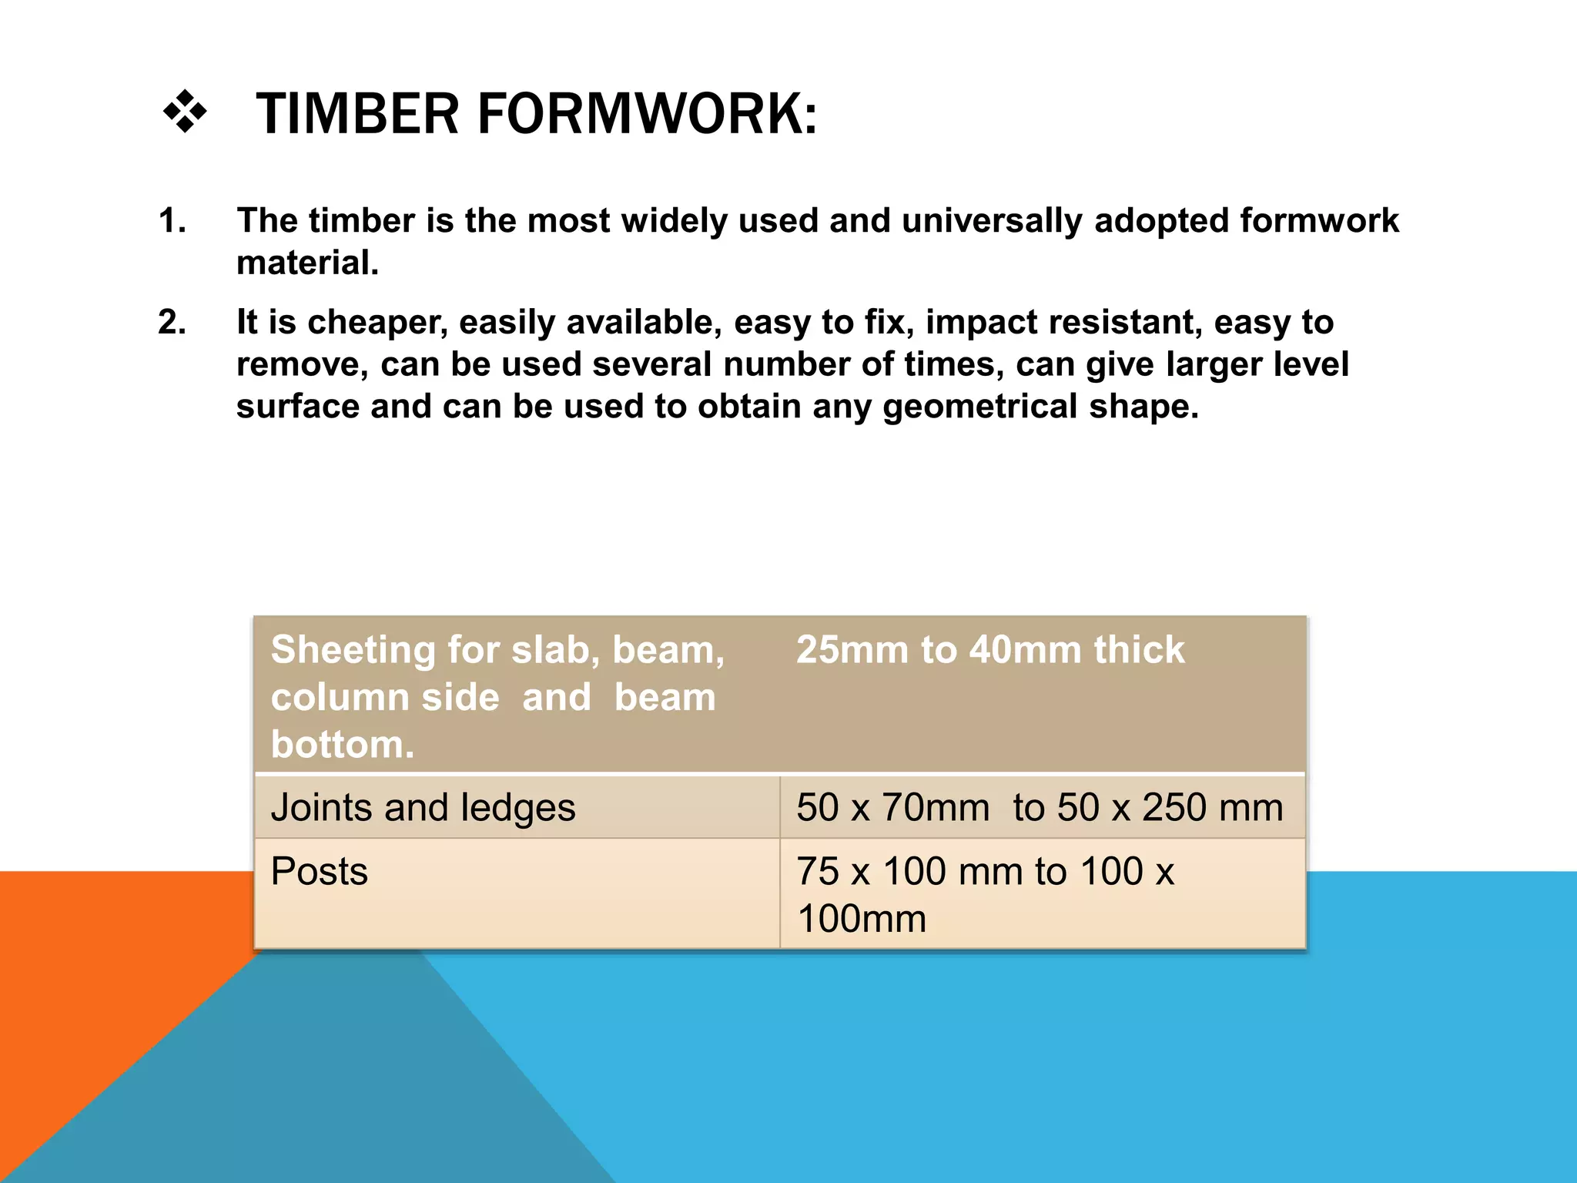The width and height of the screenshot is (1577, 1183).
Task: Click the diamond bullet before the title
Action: pyautogui.click(x=186, y=113)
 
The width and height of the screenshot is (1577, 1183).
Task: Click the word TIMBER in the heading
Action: pyautogui.click(x=357, y=114)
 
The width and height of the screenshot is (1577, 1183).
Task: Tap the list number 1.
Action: pyautogui.click(x=171, y=221)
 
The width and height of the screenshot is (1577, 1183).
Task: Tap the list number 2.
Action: pyautogui.click(x=172, y=322)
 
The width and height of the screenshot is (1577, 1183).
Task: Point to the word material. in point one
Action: pyautogui.click(x=307, y=263)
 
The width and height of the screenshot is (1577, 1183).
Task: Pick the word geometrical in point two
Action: pyautogui.click(x=979, y=407)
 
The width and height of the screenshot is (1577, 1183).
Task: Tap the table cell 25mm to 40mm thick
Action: pyautogui.click(x=990, y=650)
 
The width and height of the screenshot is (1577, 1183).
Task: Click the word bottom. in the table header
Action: pyautogui.click(x=343, y=745)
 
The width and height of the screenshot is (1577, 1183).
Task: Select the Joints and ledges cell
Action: pyautogui.click(x=423, y=808)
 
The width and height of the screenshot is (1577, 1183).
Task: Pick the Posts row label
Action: pyautogui.click(x=319, y=872)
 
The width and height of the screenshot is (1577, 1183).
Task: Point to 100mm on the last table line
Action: pyautogui.click(x=861, y=919)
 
